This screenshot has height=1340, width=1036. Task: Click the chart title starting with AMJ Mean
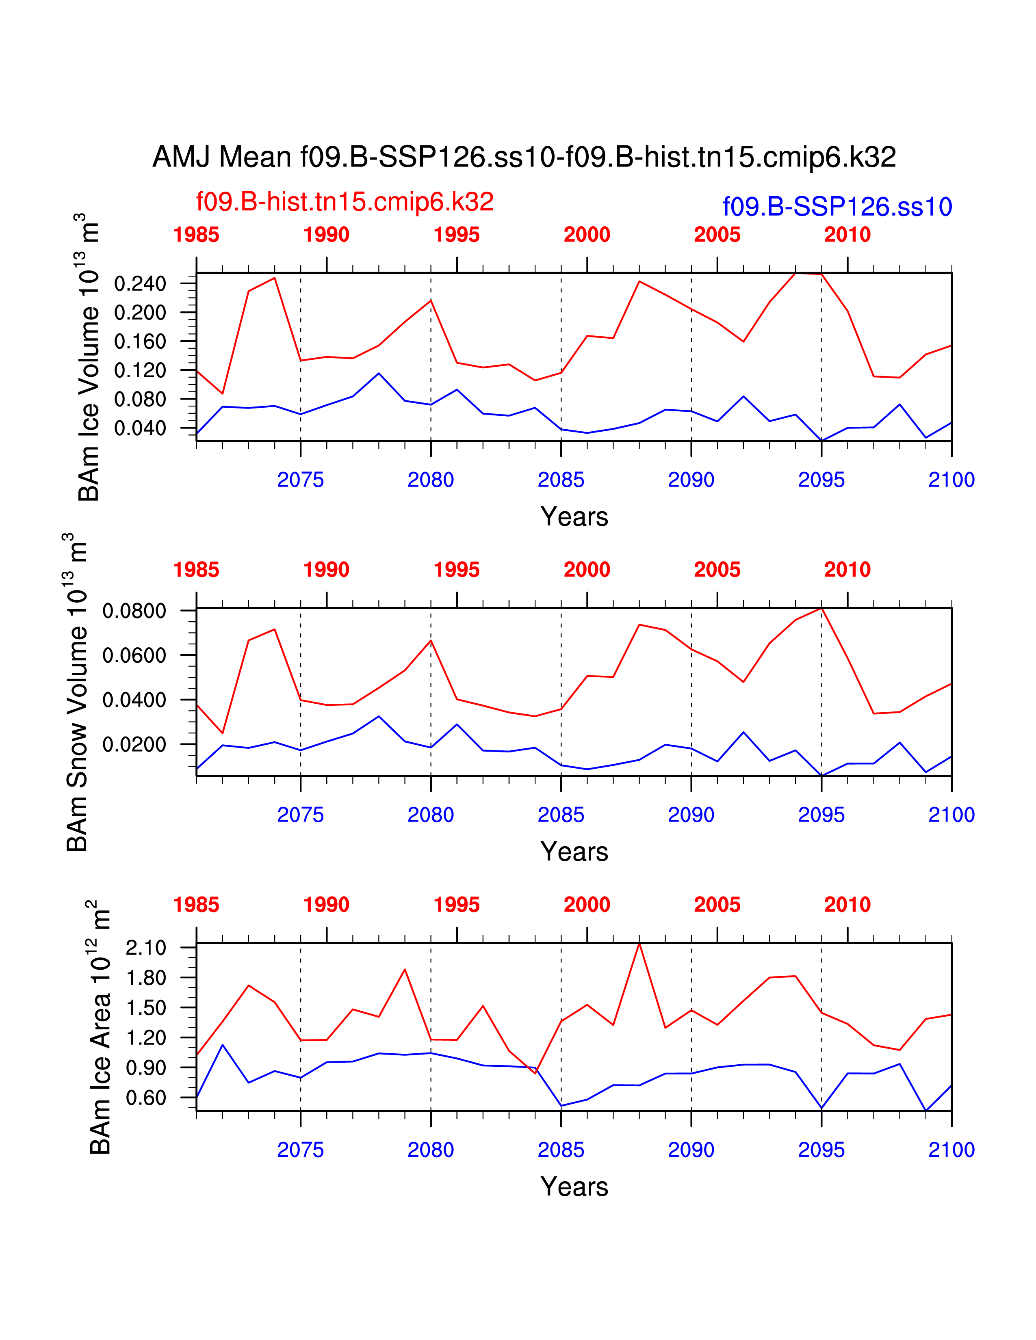pyautogui.click(x=524, y=157)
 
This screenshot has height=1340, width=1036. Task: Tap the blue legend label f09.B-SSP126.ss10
pyautogui.click(x=837, y=207)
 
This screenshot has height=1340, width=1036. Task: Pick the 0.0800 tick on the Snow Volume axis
pyautogui.click(x=134, y=611)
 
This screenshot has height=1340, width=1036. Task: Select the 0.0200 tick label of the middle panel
pyautogui.click(x=134, y=744)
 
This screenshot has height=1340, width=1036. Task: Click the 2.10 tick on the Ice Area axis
pyautogui.click(x=146, y=947)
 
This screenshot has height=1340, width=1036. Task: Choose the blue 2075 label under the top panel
pyautogui.click(x=300, y=480)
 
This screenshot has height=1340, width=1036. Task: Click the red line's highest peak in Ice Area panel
pyautogui.click(x=639, y=944)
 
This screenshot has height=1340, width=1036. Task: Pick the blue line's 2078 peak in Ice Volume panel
pyautogui.click(x=379, y=373)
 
